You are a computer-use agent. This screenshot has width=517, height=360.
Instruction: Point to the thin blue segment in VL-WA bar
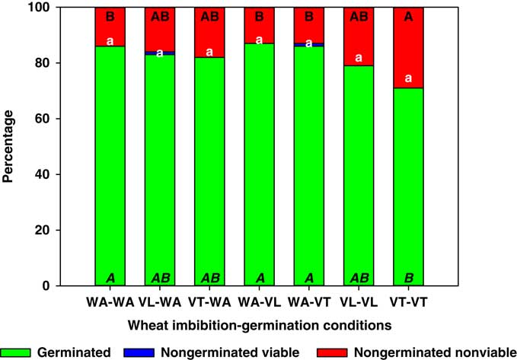(x=159, y=53)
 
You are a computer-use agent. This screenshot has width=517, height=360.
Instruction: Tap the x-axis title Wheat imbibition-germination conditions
(x=259, y=323)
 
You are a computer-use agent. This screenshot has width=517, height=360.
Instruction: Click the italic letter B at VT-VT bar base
(x=407, y=278)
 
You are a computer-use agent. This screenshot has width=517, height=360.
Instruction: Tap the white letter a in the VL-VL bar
(x=358, y=58)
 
